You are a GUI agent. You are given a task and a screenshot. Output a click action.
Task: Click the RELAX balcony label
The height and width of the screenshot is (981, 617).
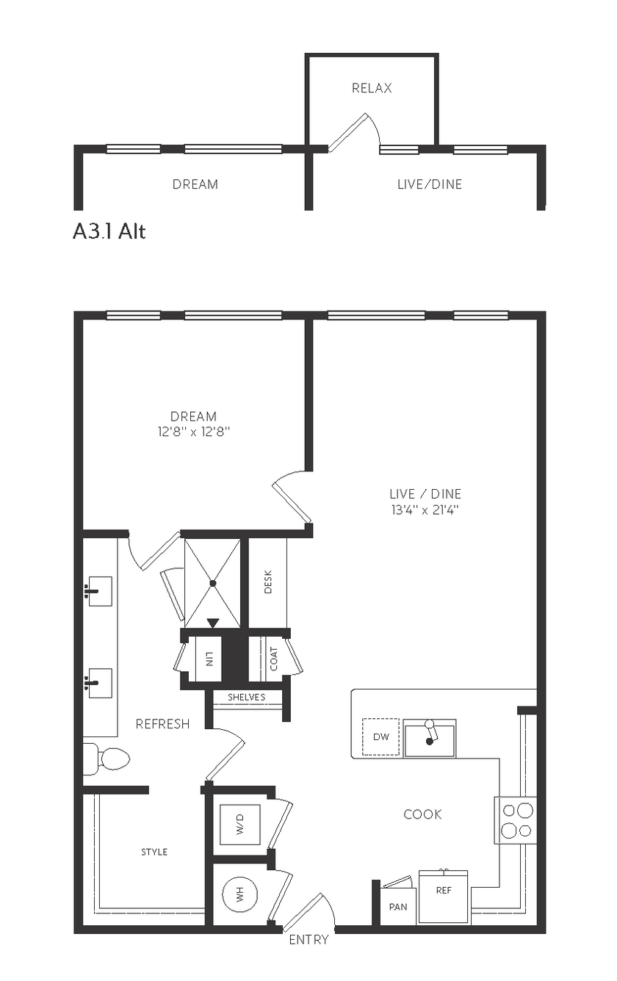click(x=372, y=88)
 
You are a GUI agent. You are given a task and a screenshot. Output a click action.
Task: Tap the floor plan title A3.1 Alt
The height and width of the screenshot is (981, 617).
click(x=109, y=231)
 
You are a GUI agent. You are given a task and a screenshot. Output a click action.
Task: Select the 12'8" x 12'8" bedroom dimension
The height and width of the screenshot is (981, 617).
click(x=194, y=432)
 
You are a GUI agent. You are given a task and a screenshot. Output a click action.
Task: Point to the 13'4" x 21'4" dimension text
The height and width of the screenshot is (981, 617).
click(x=425, y=510)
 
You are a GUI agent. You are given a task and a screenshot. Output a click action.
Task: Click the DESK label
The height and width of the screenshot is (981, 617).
click(x=268, y=582)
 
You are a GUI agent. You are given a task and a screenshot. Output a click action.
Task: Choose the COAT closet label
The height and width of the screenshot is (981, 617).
click(x=274, y=659)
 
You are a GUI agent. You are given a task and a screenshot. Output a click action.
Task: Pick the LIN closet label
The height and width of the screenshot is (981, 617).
click(x=209, y=659)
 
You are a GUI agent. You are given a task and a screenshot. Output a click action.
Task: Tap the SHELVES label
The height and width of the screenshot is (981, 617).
click(x=246, y=697)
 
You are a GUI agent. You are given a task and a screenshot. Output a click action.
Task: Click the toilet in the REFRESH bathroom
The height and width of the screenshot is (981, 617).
click(x=107, y=758)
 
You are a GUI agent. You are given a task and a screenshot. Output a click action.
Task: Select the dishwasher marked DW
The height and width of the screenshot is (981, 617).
click(x=380, y=736)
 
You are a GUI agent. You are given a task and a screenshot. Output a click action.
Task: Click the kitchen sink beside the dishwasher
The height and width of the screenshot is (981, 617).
click(x=430, y=739)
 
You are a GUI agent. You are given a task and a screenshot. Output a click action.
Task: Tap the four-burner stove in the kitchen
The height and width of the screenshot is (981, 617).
click(x=516, y=820)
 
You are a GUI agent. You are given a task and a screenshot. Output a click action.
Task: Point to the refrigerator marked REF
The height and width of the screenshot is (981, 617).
click(x=444, y=897)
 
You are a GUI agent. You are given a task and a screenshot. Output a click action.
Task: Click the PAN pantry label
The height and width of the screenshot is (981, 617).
click(x=398, y=907)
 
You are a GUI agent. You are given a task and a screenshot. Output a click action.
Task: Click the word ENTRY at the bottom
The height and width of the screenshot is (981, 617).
click(x=308, y=939)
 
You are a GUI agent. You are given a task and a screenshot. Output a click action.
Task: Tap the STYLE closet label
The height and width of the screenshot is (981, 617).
click(x=154, y=852)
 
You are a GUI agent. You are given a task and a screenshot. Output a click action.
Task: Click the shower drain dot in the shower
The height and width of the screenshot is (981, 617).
click(x=213, y=583)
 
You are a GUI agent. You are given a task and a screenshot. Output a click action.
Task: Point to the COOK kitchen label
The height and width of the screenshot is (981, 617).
click(x=422, y=814)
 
